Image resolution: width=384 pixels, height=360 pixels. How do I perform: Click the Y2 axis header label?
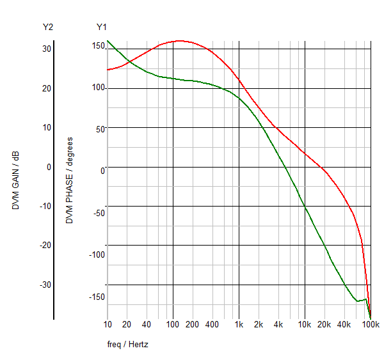point(48,27)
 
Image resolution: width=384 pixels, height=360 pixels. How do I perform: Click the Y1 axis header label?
point(102,27)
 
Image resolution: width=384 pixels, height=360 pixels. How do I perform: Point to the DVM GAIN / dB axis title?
point(16,181)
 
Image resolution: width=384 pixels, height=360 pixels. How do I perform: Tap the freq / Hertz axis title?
point(128,344)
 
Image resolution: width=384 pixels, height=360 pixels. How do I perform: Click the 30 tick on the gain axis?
point(47,49)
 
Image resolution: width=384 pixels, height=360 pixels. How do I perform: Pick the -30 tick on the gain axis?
point(45,285)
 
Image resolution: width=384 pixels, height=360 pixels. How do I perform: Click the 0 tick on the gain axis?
point(48,167)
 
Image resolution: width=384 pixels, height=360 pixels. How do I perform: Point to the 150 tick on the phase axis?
point(97,46)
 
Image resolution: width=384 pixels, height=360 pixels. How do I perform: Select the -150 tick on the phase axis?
point(96,297)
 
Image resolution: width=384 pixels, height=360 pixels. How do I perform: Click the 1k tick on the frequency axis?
point(239,324)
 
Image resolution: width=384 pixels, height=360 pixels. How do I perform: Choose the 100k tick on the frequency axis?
point(371,324)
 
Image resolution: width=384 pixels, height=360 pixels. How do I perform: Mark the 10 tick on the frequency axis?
point(107,324)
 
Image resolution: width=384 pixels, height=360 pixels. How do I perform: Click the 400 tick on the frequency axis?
point(212,324)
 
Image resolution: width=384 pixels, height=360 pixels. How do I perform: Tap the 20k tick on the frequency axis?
point(324,324)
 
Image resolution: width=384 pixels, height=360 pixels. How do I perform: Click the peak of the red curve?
point(180,41)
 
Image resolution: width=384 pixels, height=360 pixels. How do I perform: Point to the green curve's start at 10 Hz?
point(108,41)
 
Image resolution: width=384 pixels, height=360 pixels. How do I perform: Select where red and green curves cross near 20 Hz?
point(129,62)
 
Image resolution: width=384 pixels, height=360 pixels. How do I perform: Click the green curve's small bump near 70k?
point(365,299)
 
